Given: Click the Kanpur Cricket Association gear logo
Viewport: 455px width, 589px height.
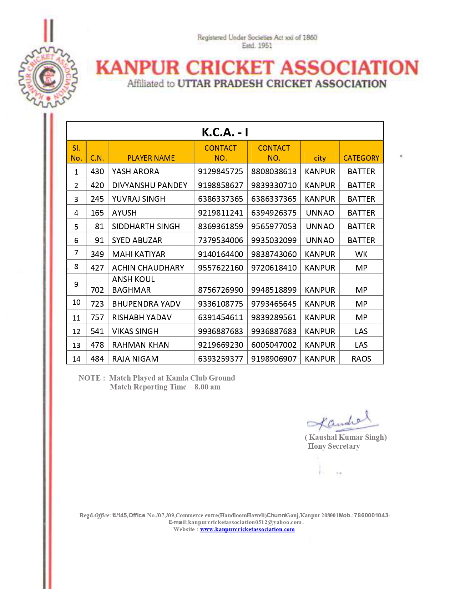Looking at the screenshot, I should (48, 77).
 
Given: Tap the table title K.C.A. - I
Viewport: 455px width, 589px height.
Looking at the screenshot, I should (225, 132).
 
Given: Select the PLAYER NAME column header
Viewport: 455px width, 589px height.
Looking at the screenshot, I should (151, 158).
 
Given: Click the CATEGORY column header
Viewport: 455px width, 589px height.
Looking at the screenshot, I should (361, 158).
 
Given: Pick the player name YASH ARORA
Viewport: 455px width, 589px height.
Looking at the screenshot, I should (136, 171).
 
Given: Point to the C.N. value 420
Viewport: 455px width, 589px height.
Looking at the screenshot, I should (97, 185).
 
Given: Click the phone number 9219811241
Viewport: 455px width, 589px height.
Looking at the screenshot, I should (221, 213).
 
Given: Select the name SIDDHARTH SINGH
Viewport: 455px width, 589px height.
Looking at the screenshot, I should (146, 226).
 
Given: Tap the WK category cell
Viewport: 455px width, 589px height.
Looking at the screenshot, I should (361, 254).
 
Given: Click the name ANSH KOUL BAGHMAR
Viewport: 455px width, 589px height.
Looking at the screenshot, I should (133, 285).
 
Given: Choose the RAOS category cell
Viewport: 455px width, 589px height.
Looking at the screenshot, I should (361, 359).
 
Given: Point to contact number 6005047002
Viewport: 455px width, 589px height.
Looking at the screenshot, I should (274, 345).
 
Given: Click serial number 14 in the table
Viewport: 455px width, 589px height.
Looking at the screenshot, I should (76, 359).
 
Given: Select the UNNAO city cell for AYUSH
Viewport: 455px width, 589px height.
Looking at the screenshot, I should (320, 213).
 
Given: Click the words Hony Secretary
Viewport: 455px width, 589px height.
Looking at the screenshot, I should (334, 446).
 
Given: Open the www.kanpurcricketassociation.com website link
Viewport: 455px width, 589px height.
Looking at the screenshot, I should (247, 529).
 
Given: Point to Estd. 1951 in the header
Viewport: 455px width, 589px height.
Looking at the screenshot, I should (257, 46).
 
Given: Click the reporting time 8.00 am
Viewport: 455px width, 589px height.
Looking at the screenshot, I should (207, 387).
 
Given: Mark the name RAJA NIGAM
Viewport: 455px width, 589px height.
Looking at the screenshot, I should (135, 359).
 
